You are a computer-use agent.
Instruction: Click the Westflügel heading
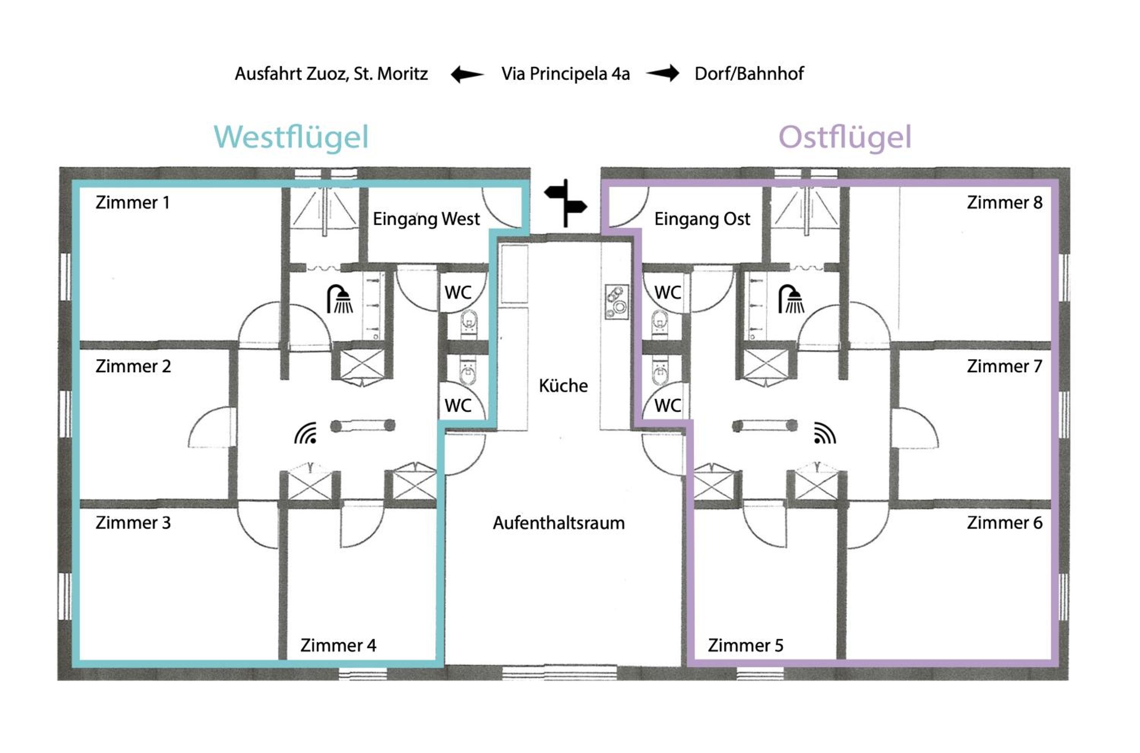pos(291,138)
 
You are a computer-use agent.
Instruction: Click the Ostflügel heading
pos(845,138)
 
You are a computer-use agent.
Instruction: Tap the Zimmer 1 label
pos(133,202)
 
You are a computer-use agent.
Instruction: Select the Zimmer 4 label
pos(338,645)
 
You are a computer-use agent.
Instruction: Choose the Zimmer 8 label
pos(1005,202)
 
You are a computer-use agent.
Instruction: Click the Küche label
pos(563,386)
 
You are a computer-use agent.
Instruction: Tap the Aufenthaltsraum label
pos(559,523)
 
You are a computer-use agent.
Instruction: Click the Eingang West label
pos(426,219)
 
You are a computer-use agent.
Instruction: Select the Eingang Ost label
pos(702,219)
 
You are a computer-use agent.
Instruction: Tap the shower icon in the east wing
pos(791,299)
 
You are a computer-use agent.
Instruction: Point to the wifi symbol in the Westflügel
pos(306,433)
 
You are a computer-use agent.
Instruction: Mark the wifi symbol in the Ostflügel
pos(825,433)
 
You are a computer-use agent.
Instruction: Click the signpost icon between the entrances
pos(566,203)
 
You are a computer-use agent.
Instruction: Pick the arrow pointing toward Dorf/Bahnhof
pos(663,73)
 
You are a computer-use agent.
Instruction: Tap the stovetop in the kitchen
pos(617,302)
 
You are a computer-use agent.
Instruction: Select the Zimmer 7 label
pos(1005,366)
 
